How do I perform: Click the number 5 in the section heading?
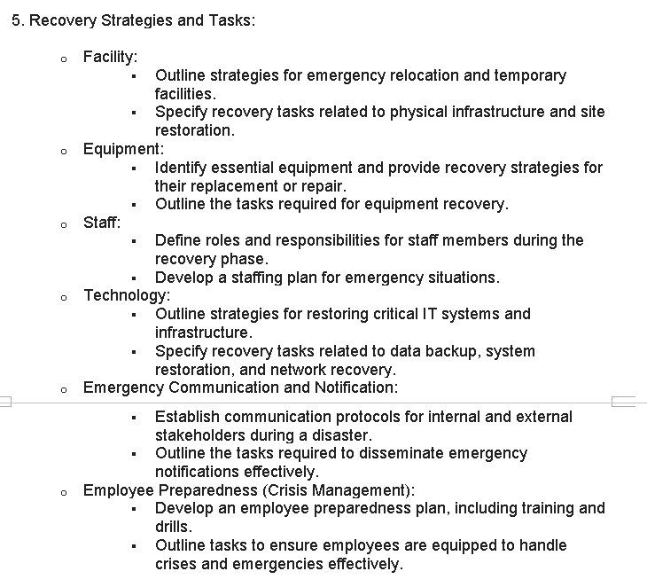(x=16, y=20)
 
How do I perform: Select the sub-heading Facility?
(x=110, y=57)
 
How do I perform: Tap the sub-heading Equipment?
(x=123, y=149)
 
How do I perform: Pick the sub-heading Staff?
(x=102, y=222)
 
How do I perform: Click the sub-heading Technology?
(x=127, y=295)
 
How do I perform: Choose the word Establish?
(x=187, y=417)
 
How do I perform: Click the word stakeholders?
(x=199, y=435)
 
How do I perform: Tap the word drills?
(x=173, y=527)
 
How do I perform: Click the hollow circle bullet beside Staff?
(x=63, y=224)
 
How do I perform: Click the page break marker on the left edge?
(x=4, y=402)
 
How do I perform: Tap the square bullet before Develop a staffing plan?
(x=133, y=278)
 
